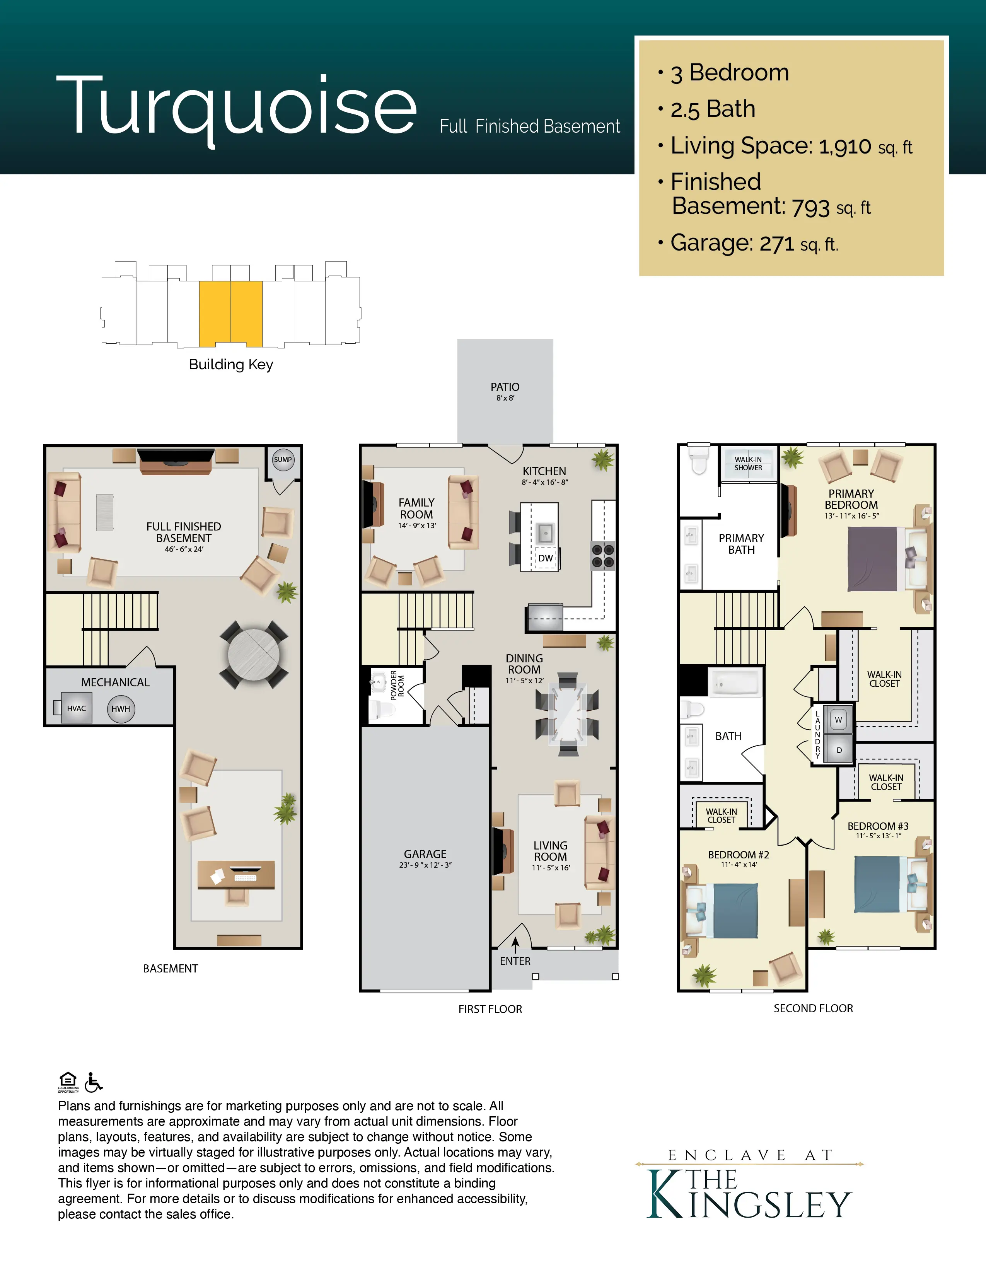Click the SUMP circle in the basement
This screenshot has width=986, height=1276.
pos(283,459)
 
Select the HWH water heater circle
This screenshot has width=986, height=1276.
pos(121,709)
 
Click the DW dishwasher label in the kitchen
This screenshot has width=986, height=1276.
pos(546,558)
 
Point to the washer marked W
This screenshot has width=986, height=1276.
pos(838,720)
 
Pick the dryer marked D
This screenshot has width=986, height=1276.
pos(839,750)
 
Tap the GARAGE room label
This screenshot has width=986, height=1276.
pos(425,854)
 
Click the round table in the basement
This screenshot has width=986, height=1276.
pos(254,654)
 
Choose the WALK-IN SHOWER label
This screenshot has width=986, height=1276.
pos(748,464)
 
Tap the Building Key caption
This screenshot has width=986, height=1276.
pos(231,365)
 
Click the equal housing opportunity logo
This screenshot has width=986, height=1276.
pos(68,1082)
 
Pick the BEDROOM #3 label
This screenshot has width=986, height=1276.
pos(878,826)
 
